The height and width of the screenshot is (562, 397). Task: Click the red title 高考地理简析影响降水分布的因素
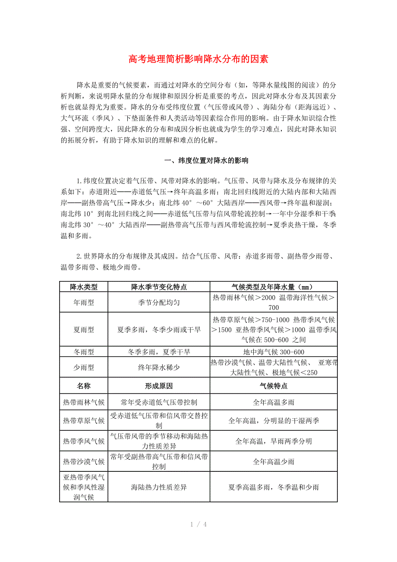[x=198, y=59]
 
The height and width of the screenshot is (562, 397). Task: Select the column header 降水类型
[x=84, y=287]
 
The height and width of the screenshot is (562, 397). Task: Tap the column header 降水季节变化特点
[x=159, y=287]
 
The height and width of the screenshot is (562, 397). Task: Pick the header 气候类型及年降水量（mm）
[x=274, y=287]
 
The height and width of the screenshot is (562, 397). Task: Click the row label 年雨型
[x=84, y=303]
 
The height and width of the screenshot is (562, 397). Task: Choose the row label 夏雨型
[x=84, y=330]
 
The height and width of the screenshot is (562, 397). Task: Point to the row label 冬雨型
[x=84, y=352]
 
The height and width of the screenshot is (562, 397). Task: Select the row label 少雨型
[x=84, y=368]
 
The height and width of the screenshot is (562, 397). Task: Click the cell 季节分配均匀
[x=159, y=303]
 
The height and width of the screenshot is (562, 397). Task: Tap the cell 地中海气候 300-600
[x=274, y=352]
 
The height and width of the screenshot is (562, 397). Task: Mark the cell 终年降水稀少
[x=159, y=368]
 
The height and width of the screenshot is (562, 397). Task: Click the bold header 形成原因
[x=159, y=386]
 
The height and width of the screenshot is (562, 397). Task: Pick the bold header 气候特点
[x=274, y=386]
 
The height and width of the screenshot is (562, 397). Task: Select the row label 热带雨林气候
[x=84, y=402]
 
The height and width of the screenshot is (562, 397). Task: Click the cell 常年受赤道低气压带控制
[x=159, y=402]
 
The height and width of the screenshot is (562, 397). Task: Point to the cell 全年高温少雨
[x=274, y=462]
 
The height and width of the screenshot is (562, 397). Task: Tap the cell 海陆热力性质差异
[x=159, y=487]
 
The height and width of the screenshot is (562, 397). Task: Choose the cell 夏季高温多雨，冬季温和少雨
[x=274, y=487]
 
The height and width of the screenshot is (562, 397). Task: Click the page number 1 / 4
[x=198, y=524]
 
